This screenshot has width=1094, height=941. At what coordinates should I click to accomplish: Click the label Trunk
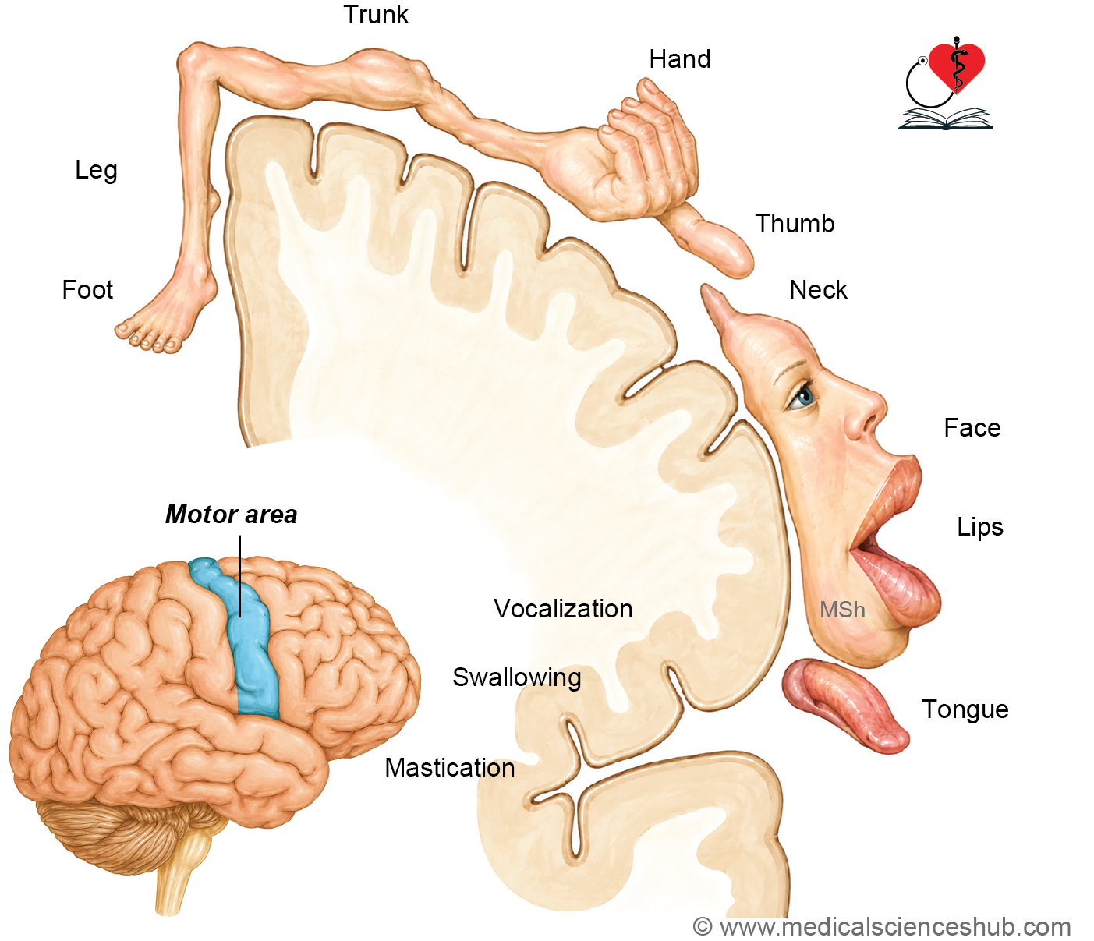(x=376, y=15)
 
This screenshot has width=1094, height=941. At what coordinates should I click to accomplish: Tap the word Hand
(x=680, y=59)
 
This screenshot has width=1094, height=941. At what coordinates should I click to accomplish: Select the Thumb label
(x=795, y=223)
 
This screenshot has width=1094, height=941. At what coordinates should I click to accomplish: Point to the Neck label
(x=818, y=290)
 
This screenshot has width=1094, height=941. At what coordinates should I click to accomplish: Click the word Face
(x=972, y=428)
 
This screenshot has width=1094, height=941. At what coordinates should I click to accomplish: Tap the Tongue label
(x=965, y=710)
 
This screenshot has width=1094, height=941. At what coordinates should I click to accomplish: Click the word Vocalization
(x=563, y=609)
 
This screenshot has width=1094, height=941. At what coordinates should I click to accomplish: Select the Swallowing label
(x=516, y=678)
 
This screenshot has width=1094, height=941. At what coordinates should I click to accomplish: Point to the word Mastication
(x=449, y=768)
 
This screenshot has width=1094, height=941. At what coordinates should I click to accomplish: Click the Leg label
(x=96, y=171)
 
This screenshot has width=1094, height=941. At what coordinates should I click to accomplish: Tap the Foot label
(x=87, y=290)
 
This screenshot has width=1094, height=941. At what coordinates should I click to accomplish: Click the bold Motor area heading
(x=231, y=515)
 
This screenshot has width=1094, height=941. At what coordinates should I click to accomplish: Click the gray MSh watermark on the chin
(x=842, y=610)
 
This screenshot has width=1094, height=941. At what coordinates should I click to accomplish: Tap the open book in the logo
(x=945, y=119)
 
